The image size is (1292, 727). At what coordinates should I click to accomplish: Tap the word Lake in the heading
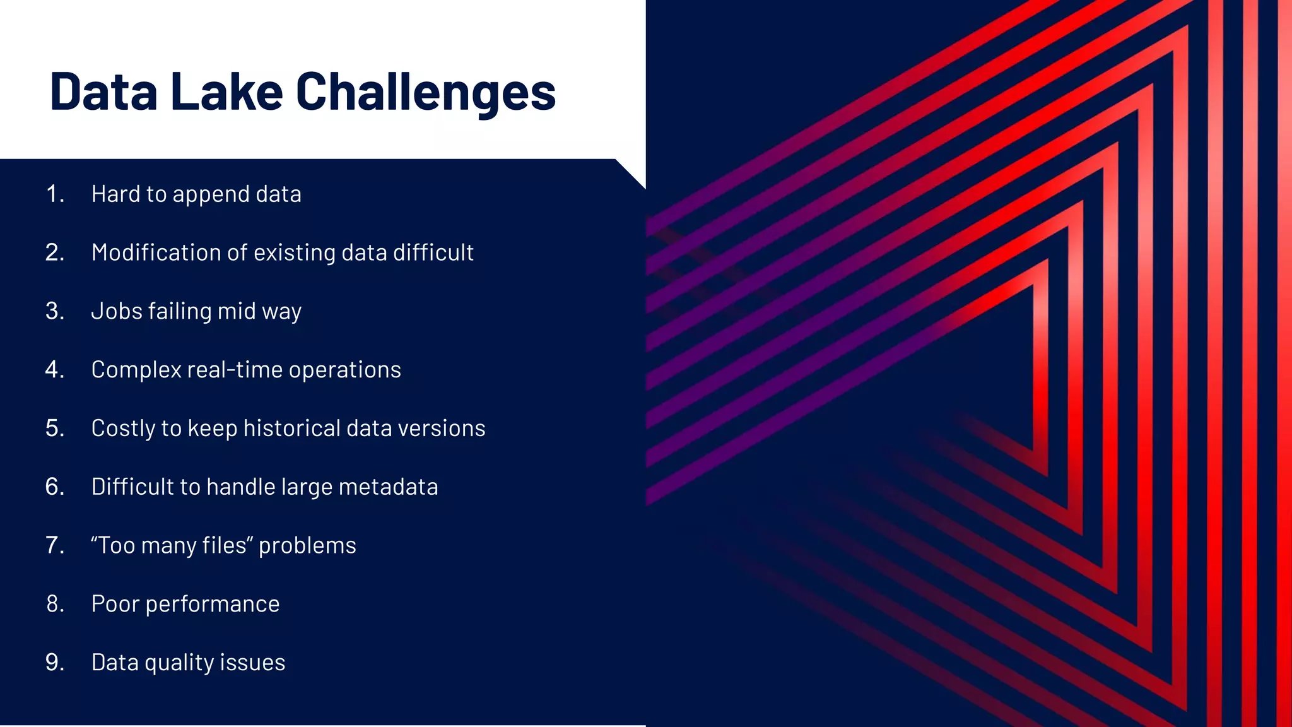(x=226, y=92)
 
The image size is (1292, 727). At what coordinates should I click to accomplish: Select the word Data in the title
(x=103, y=92)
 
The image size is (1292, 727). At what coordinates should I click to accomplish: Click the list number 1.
(x=55, y=194)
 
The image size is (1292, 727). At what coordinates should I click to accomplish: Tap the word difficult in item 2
(x=433, y=252)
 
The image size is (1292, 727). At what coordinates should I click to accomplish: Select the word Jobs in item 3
(x=117, y=311)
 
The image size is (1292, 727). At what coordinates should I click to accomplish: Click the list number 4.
(x=55, y=369)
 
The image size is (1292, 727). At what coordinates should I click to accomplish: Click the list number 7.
(x=55, y=545)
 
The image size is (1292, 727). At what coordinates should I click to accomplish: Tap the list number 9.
(x=55, y=663)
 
